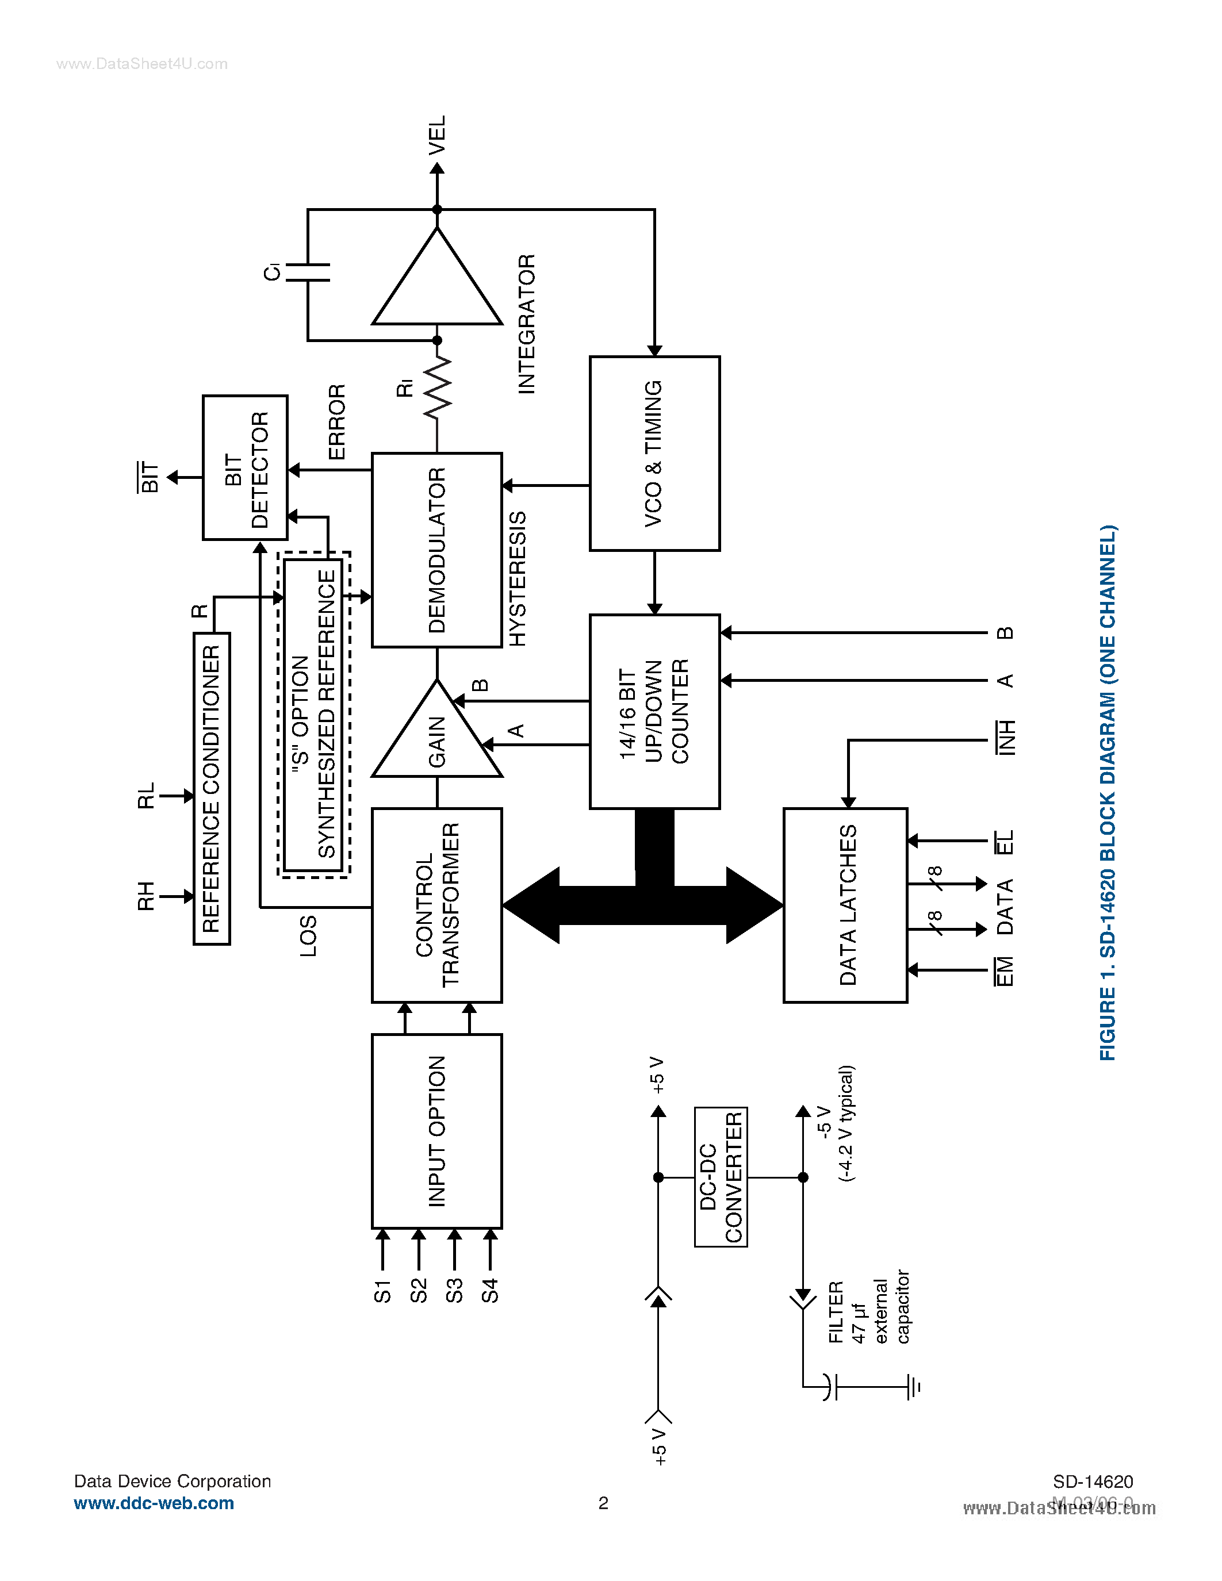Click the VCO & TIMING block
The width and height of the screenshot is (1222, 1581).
tap(654, 453)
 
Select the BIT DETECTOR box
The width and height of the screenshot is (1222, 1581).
tap(245, 467)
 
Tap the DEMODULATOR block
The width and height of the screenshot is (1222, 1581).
tap(436, 550)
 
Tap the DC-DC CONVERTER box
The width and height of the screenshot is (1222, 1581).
tap(721, 1176)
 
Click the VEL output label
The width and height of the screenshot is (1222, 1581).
tap(436, 135)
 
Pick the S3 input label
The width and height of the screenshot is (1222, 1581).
tap(454, 1290)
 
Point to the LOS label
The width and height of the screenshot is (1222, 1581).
tap(308, 935)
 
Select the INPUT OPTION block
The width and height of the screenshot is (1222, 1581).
tap(436, 1131)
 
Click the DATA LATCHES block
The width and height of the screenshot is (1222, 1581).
tap(845, 905)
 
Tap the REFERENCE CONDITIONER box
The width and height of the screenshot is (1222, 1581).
tap(212, 788)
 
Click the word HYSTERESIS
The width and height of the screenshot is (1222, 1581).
tap(517, 578)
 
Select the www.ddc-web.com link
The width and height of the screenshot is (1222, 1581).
tap(154, 1503)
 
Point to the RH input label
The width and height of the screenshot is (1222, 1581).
tap(145, 896)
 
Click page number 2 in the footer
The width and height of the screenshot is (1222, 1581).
tap(603, 1503)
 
